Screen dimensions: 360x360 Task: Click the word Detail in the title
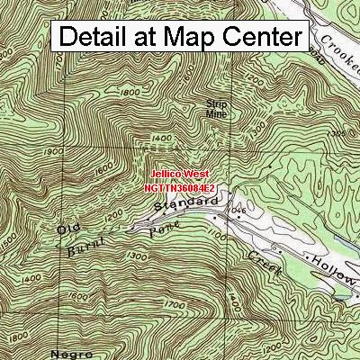95,38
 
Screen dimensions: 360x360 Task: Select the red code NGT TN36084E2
179,190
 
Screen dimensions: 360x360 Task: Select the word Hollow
335,265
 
